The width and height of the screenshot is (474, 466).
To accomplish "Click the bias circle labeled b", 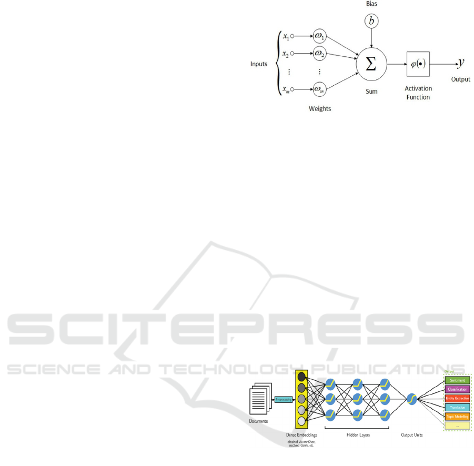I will click(x=371, y=21).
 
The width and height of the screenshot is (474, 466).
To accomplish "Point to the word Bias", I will click(x=371, y=4).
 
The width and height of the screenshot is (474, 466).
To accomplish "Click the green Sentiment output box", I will click(x=457, y=380).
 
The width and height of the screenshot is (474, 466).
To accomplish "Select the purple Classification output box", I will click(x=457, y=389).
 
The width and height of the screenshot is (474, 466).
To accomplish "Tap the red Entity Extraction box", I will click(x=457, y=398).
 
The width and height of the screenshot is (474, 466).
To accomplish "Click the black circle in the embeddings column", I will click(x=301, y=377).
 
